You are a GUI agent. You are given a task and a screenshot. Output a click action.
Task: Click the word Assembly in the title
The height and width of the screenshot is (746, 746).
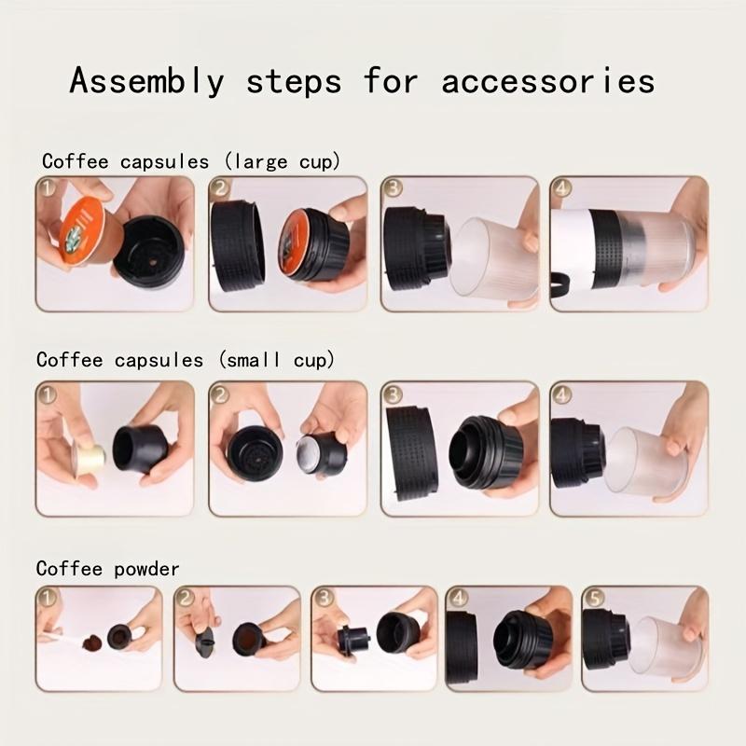[x=146, y=82]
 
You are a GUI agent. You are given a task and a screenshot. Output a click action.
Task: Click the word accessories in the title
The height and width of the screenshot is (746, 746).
[x=547, y=82]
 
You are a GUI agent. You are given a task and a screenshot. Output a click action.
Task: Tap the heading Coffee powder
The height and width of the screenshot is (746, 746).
[x=107, y=568]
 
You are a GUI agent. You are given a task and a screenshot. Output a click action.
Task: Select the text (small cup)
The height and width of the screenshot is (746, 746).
[x=272, y=360]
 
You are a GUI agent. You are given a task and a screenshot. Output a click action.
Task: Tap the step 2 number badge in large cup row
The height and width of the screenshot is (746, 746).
[x=221, y=188]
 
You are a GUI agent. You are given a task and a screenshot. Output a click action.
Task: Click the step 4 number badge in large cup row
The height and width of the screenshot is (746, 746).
[x=561, y=188]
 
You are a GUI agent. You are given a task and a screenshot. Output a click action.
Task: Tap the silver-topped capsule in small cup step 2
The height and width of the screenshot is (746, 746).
[x=321, y=454]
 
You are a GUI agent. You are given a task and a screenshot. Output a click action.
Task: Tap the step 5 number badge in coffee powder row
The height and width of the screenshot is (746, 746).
[x=593, y=597]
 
